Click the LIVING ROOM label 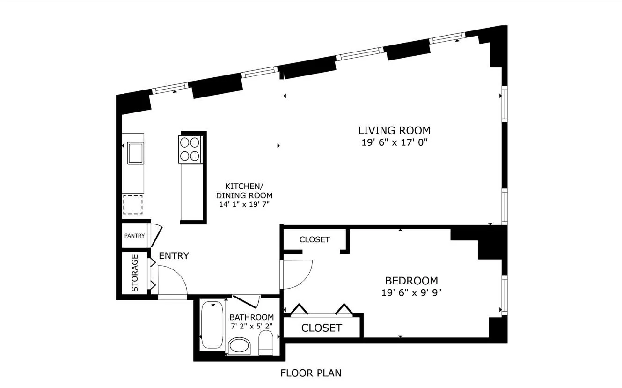394,130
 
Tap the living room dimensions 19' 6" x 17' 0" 394,142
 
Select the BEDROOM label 411,281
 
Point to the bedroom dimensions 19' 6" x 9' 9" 411,293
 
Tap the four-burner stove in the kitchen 190,149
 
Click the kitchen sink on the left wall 135,153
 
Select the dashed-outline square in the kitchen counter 132,205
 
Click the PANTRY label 134,236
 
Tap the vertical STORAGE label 135,273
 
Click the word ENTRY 174,256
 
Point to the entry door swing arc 176,280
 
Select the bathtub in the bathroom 212,325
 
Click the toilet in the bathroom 267,343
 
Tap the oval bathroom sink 240,347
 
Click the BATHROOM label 251,317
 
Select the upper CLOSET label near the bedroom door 315,239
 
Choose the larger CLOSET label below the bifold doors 322,328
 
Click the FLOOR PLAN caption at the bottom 311,373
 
